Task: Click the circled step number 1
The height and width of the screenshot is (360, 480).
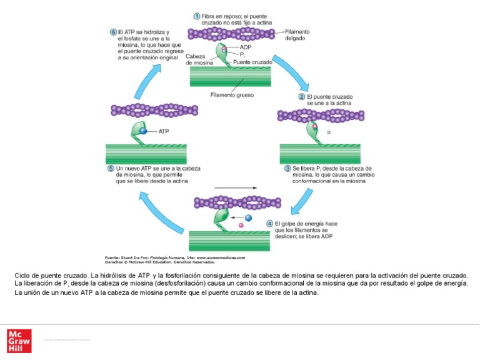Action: click(x=196, y=16)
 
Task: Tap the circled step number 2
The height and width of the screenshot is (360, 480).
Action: click(x=301, y=97)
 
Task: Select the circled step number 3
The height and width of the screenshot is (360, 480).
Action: click(x=287, y=168)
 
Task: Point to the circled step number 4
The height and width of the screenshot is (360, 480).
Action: click(x=269, y=223)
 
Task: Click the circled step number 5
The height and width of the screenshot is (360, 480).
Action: click(x=111, y=168)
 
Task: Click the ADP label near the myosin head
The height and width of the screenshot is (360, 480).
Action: click(x=246, y=47)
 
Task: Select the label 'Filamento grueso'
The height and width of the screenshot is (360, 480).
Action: click(x=230, y=96)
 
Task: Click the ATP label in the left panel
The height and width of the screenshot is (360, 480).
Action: click(x=164, y=132)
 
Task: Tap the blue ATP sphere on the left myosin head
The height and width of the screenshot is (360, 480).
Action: click(x=143, y=131)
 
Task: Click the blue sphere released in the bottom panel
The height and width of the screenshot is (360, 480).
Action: click(x=248, y=217)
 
